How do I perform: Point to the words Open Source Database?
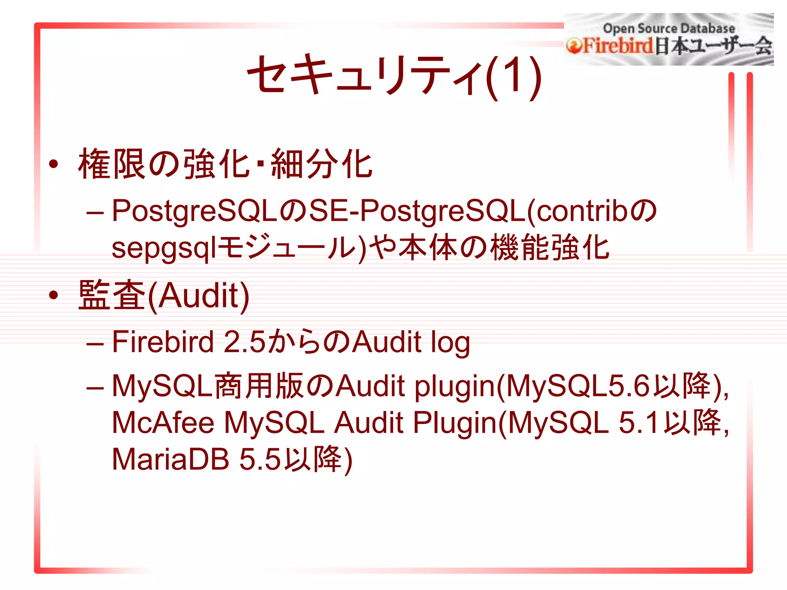[669, 28]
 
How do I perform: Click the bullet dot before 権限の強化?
[53, 164]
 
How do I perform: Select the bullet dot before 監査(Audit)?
[53, 295]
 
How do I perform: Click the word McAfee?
[163, 423]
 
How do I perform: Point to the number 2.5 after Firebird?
[244, 342]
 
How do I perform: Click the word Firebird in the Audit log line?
[163, 342]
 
